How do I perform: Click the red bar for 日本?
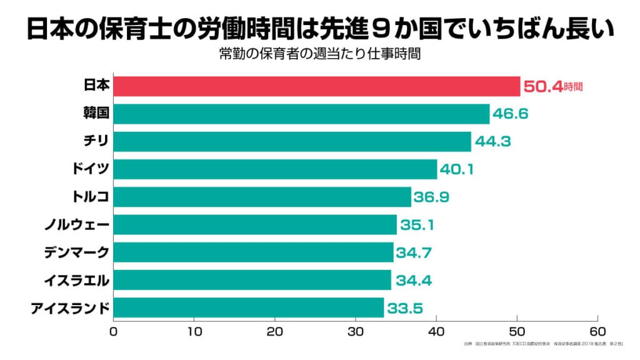(x=316, y=86)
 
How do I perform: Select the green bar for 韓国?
(x=301, y=114)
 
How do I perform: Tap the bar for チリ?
(x=292, y=141)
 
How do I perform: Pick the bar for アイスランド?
(x=249, y=307)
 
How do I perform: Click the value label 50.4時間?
(x=552, y=86)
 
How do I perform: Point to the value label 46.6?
(x=511, y=114)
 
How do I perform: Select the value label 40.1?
(x=458, y=169)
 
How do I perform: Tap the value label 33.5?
(x=404, y=307)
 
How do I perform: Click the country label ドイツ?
(x=91, y=169)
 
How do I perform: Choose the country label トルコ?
(x=91, y=197)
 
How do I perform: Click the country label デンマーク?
(x=77, y=252)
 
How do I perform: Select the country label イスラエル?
(x=77, y=280)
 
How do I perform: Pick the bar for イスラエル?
(x=252, y=280)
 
